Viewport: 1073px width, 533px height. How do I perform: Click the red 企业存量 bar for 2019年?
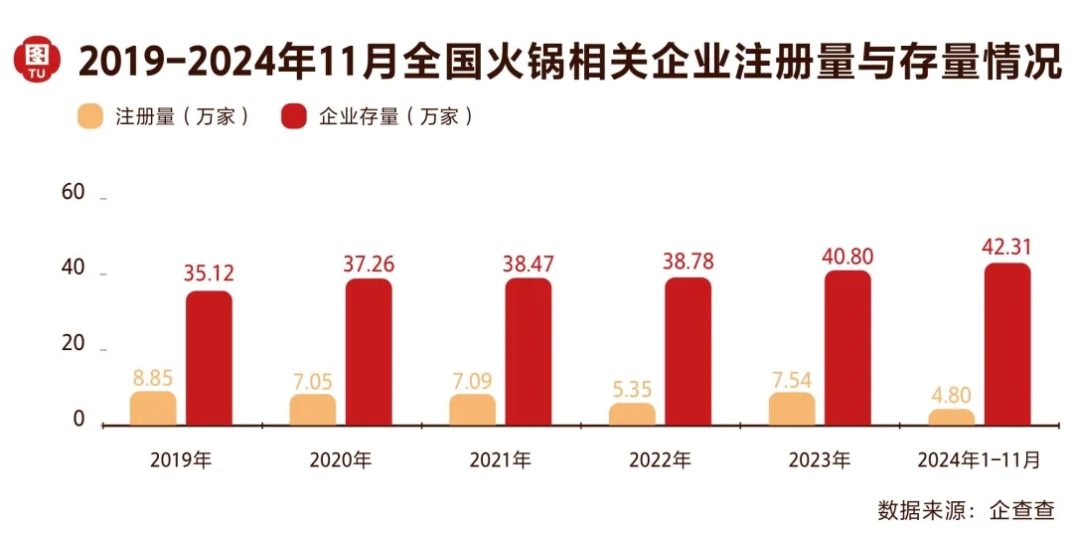pyautogui.click(x=209, y=358)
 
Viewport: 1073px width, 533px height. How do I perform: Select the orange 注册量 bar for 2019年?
pyautogui.click(x=153, y=409)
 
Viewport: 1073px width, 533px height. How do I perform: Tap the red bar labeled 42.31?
pyautogui.click(x=1007, y=344)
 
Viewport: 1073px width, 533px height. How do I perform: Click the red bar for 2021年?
pyautogui.click(x=529, y=352)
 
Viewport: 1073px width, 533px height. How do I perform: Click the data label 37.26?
pyautogui.click(x=369, y=265)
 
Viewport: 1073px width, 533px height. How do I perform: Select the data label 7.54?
pyautogui.click(x=792, y=378)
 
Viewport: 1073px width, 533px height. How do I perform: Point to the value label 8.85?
pyautogui.click(x=153, y=378)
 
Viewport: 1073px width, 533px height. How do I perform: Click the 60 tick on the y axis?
pyautogui.click(x=73, y=193)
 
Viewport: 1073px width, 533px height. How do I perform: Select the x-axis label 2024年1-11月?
pyautogui.click(x=980, y=460)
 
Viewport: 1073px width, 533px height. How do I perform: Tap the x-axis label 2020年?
pyautogui.click(x=341, y=460)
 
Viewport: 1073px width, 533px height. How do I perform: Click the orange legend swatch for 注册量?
pyautogui.click(x=91, y=116)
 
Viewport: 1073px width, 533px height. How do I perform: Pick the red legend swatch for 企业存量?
pyautogui.click(x=294, y=116)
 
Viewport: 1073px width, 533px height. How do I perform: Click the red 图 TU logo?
pyautogui.click(x=37, y=62)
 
